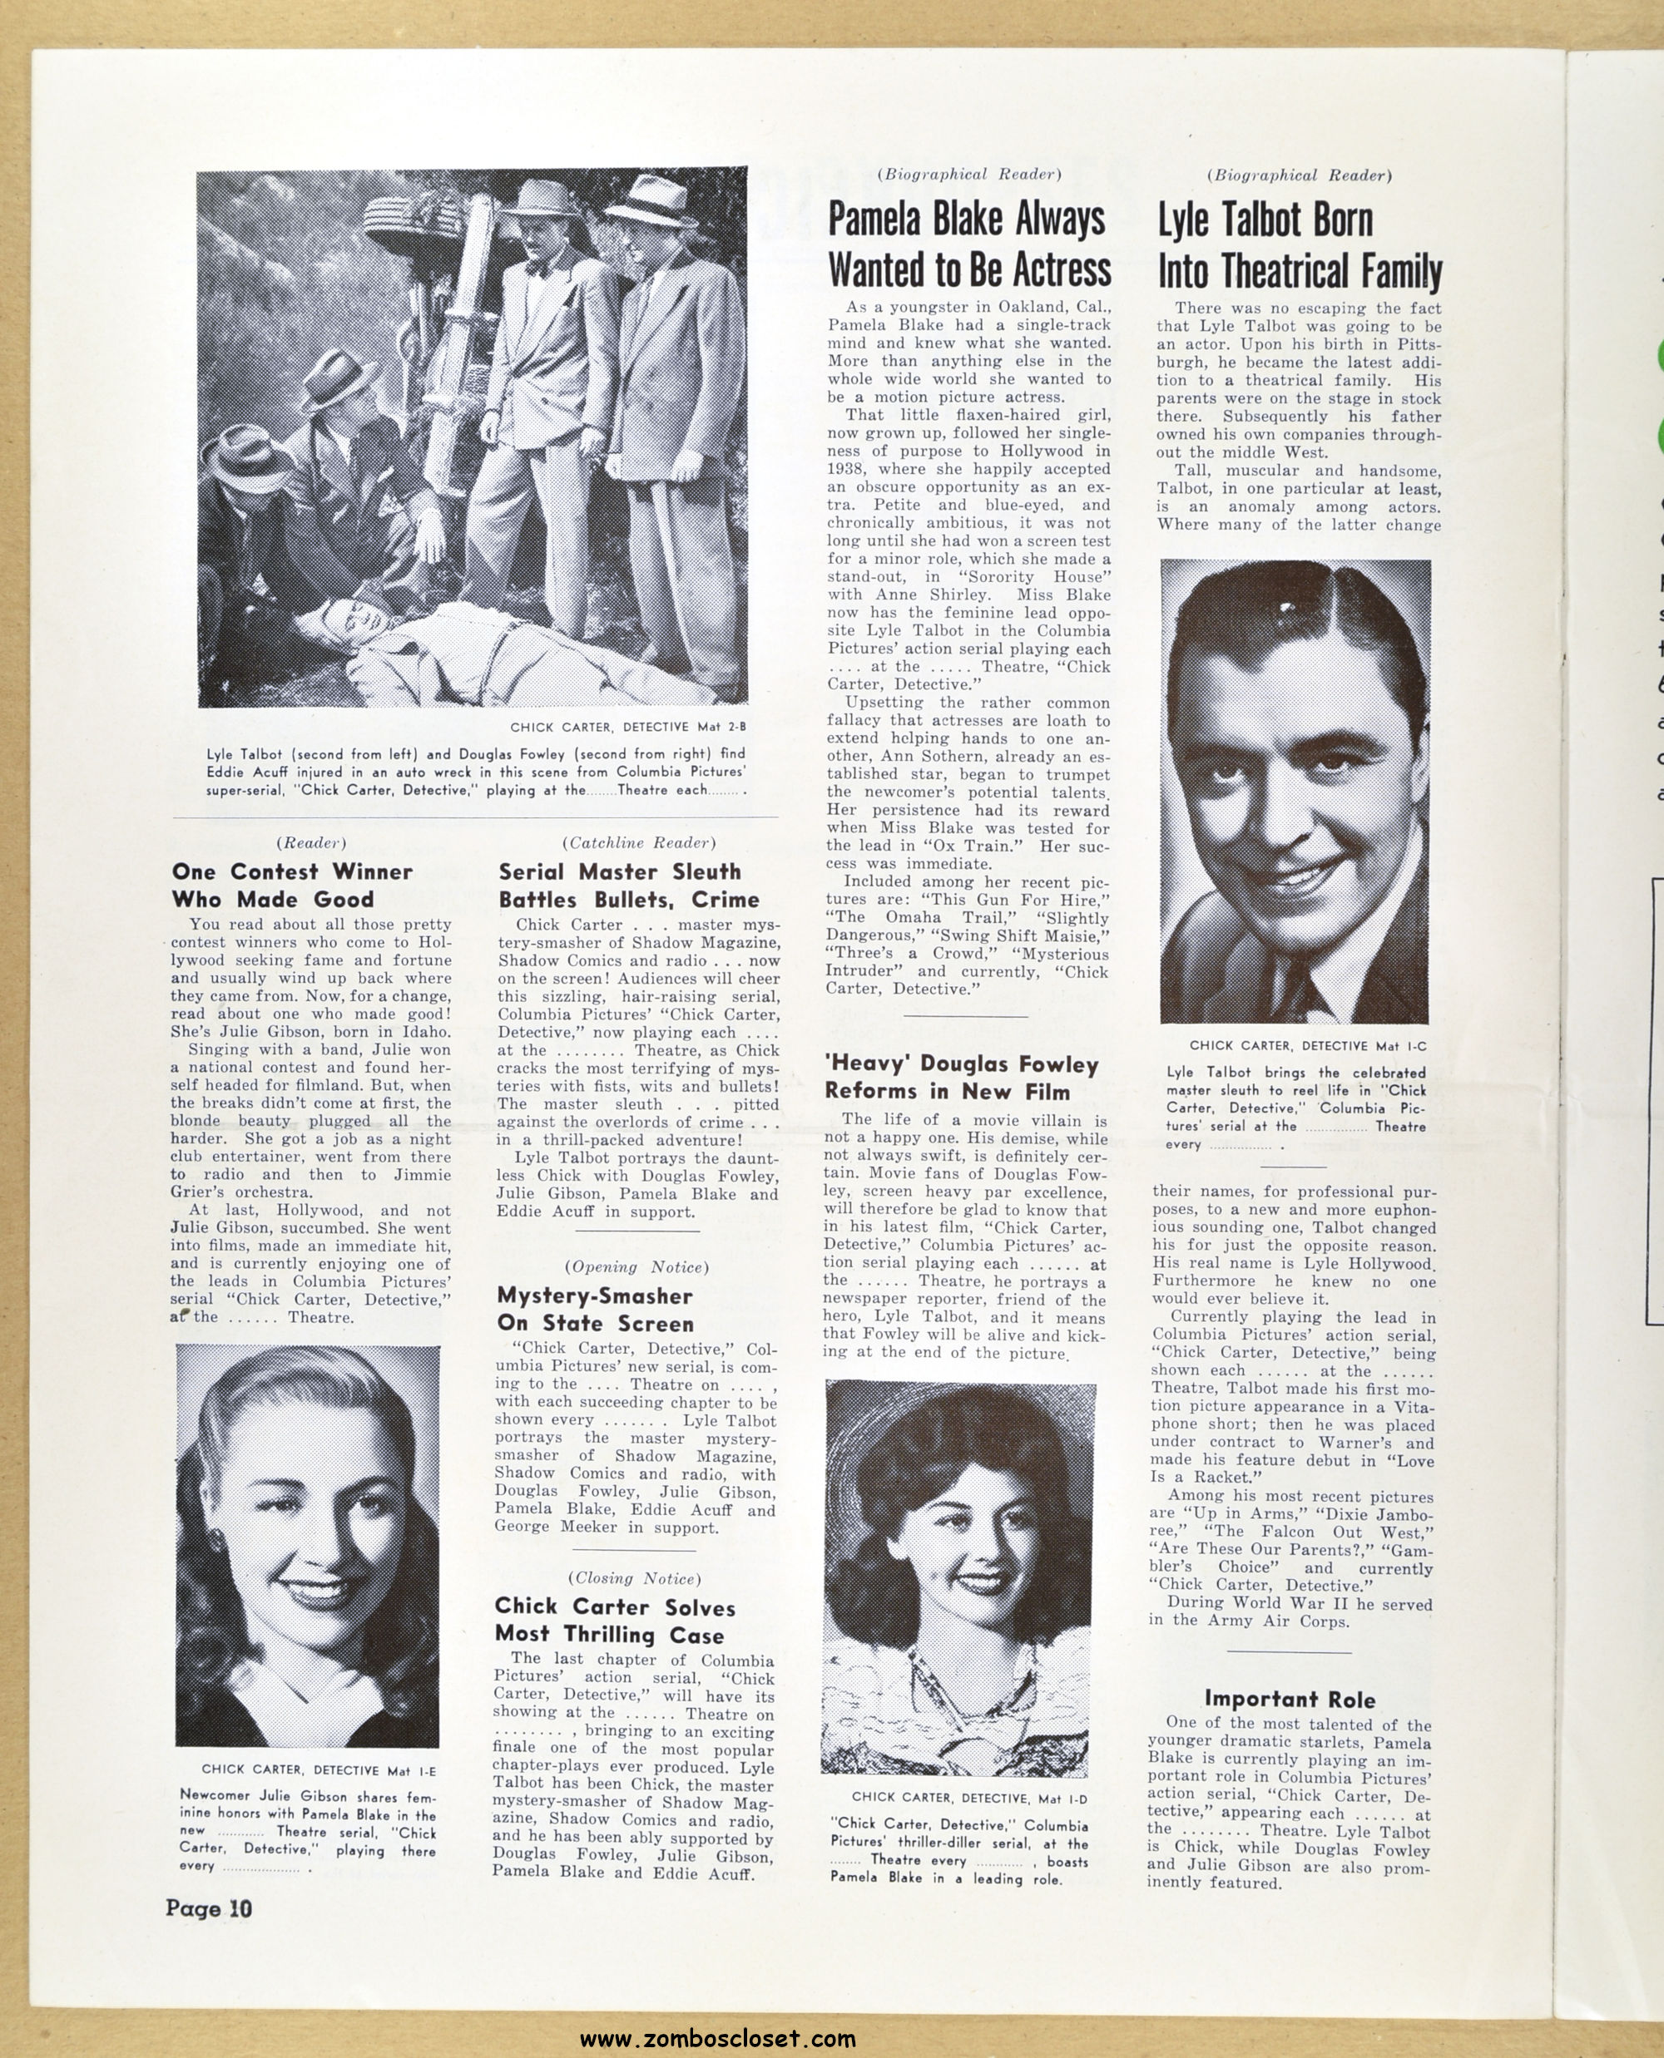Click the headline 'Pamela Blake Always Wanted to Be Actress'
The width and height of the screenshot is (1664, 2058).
969,244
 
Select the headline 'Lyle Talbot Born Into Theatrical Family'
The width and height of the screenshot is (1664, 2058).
1299,246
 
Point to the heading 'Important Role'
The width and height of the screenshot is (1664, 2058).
1290,1699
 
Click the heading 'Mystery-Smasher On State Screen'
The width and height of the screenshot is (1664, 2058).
594,1309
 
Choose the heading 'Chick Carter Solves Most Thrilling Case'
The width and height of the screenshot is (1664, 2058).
614,1620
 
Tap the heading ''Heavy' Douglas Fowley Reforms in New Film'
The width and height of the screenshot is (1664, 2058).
960,1077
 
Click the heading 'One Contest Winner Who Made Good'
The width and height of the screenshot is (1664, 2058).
291,885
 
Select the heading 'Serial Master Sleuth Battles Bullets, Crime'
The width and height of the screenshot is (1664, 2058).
628,885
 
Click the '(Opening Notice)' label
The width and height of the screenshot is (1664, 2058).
636,1266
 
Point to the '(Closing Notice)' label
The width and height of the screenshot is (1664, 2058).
635,1578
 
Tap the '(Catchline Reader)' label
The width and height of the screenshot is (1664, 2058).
638,842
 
